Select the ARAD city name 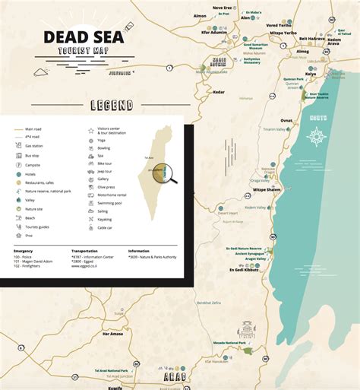[x=176, y=376]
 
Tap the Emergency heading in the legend [x=24, y=249]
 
